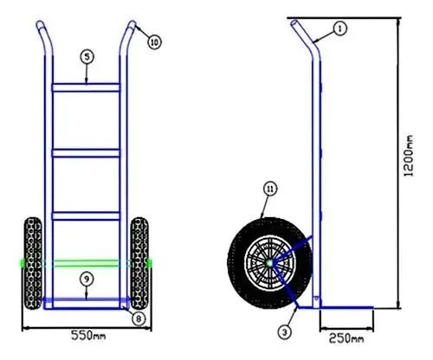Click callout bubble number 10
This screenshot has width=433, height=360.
pyautogui.click(x=154, y=42)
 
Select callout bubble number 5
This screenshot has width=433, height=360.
pyautogui.click(x=87, y=57)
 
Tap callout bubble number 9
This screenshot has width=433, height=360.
pyautogui.click(x=87, y=279)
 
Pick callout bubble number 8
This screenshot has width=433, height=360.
pyautogui.click(x=139, y=318)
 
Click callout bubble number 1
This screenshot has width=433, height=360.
pyautogui.click(x=340, y=29)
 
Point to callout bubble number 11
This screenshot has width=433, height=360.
pyautogui.click(x=270, y=189)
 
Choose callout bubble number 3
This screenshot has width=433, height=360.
pyautogui.click(x=285, y=332)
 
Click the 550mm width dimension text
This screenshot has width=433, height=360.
pyautogui.click(x=88, y=335)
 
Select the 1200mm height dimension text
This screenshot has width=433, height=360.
pyautogui.click(x=408, y=156)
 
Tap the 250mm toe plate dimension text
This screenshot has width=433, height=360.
pyautogui.click(x=346, y=338)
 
